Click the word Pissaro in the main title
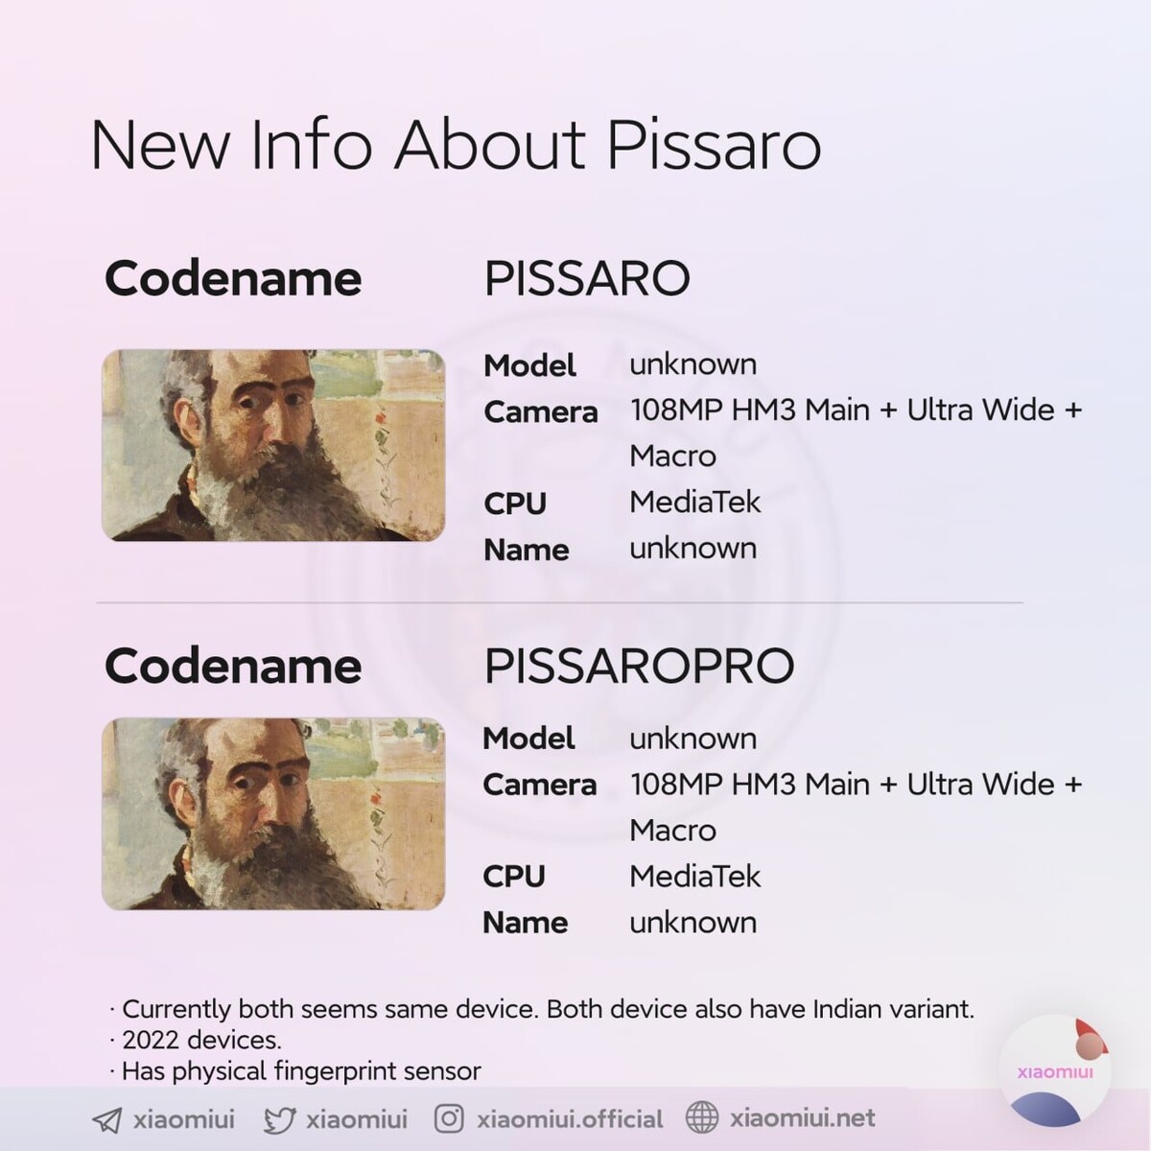(714, 145)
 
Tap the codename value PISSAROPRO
(639, 666)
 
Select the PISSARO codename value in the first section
(587, 278)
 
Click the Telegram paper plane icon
(106, 1120)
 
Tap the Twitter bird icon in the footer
(280, 1120)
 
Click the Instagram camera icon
(449, 1118)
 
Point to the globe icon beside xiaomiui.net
(701, 1117)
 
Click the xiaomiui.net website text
(802, 1118)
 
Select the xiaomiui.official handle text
(570, 1119)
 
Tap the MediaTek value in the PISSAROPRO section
(694, 877)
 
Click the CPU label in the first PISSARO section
(515, 504)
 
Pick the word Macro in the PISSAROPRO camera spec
(672, 831)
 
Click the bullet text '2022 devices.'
(201, 1041)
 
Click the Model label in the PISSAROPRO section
(529, 739)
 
